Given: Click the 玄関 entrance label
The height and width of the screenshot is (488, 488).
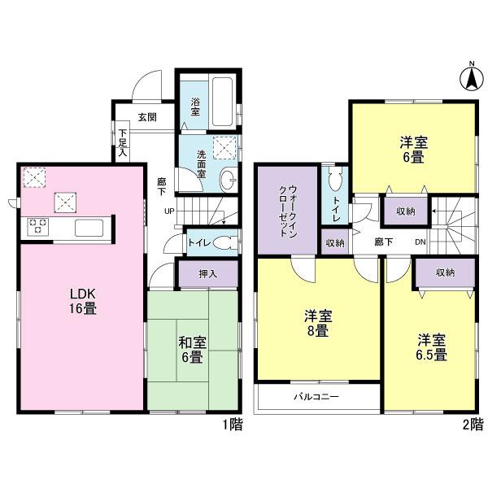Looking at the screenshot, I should (146, 116).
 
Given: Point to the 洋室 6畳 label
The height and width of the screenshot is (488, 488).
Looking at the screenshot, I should (414, 150).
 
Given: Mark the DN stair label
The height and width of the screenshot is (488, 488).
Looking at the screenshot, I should (420, 242).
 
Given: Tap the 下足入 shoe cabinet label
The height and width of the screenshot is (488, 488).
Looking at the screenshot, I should (124, 143).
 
